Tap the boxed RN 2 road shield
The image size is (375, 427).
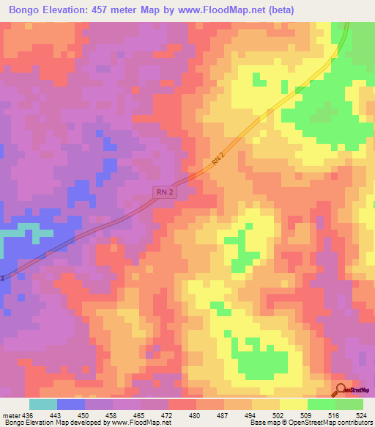coord(166,191)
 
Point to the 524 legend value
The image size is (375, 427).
coord(362,413)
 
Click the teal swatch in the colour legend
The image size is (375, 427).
coord(43,404)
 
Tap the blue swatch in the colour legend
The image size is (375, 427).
coord(71,404)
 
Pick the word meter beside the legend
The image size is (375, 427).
coord(10,413)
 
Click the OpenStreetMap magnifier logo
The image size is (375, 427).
coord(341,390)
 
